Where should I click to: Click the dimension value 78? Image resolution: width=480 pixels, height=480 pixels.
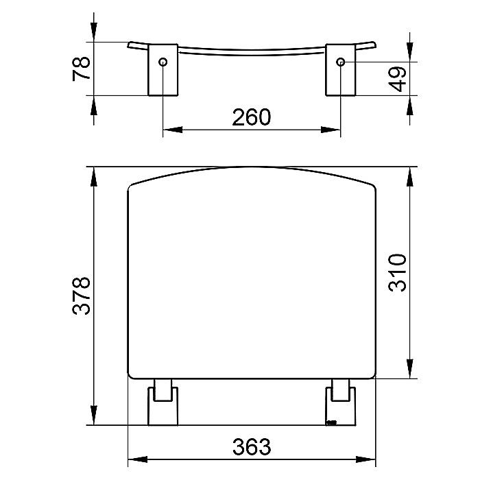click(82, 69)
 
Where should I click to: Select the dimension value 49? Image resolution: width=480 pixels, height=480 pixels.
click(398, 80)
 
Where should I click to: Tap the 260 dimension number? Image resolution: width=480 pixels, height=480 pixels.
click(252, 117)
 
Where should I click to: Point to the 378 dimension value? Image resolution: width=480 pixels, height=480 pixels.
click(82, 296)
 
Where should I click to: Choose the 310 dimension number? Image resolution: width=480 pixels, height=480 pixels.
click(398, 272)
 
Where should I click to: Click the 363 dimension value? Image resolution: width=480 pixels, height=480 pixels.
click(252, 447)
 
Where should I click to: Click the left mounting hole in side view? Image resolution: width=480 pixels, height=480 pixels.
click(163, 62)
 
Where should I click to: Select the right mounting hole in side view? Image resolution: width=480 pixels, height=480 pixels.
click(340, 62)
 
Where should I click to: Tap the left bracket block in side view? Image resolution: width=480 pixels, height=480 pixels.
click(163, 70)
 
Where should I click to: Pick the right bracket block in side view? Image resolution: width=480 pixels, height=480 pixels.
click(340, 70)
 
